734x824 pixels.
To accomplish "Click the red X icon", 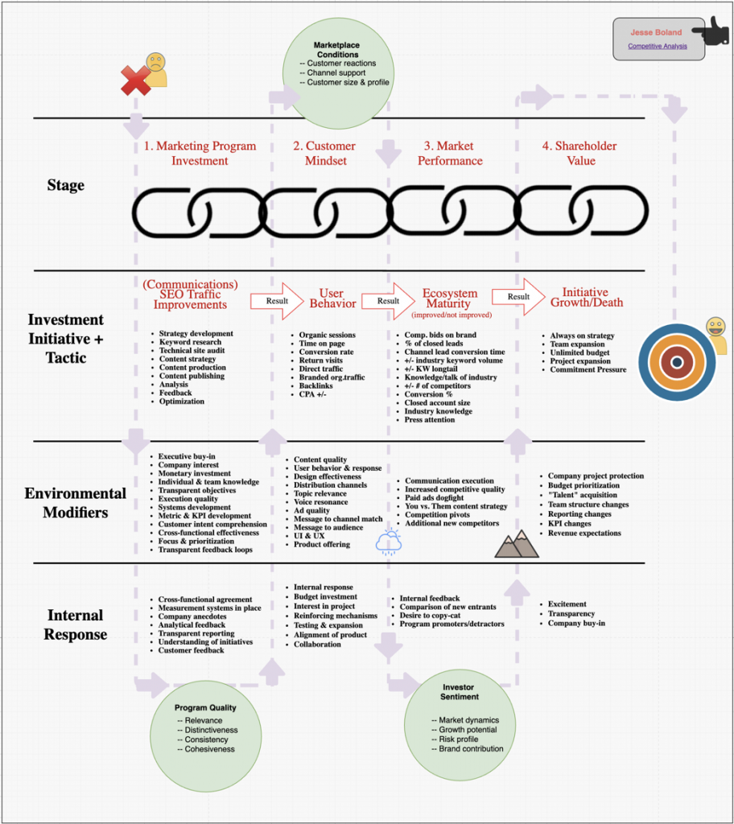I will (135, 80).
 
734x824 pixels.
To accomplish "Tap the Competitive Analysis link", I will (658, 46).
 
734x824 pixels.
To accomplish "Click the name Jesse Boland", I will (658, 33).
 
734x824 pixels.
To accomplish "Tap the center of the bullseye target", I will (677, 361).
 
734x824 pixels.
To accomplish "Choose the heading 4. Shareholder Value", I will (580, 153).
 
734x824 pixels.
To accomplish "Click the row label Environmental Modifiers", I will (76, 503).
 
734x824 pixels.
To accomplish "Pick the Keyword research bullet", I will (191, 342).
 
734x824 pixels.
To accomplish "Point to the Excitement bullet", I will (567, 604).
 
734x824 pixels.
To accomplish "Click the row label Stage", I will (66, 185).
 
